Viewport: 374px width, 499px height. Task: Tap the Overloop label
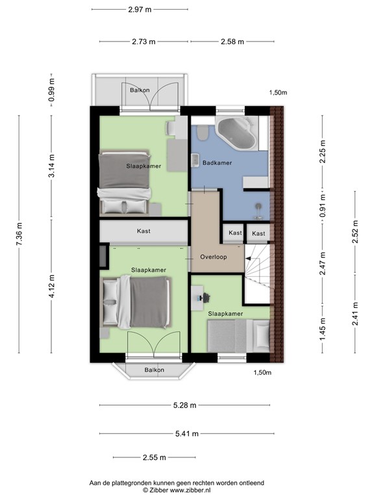(x=213, y=256)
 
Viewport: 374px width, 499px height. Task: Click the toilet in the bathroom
(x=203, y=133)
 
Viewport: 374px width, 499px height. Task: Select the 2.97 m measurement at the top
(x=140, y=9)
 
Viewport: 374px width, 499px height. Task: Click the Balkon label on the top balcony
(x=139, y=90)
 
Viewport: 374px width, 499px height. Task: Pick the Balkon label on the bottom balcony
(x=154, y=370)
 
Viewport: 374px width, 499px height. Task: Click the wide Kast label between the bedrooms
(x=144, y=231)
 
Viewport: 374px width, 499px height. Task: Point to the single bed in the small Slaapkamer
(x=237, y=337)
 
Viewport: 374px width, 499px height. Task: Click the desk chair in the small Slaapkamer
(x=206, y=296)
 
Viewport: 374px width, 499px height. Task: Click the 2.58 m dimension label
(x=232, y=42)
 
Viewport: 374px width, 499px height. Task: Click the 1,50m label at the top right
(x=279, y=93)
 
